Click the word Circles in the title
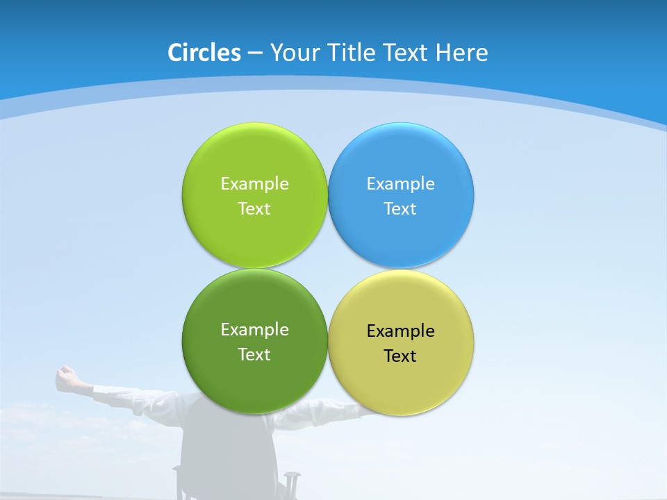click(204, 53)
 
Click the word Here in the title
click(462, 53)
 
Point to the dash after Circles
click(254, 53)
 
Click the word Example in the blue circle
click(400, 184)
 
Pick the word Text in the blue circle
click(400, 209)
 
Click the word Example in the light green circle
click(254, 184)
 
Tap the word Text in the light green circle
click(254, 209)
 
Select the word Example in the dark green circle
click(254, 330)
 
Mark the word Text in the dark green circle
click(254, 355)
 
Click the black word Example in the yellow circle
click(400, 331)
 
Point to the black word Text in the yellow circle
click(400, 356)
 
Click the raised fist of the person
click(67, 376)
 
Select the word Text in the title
click(404, 53)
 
